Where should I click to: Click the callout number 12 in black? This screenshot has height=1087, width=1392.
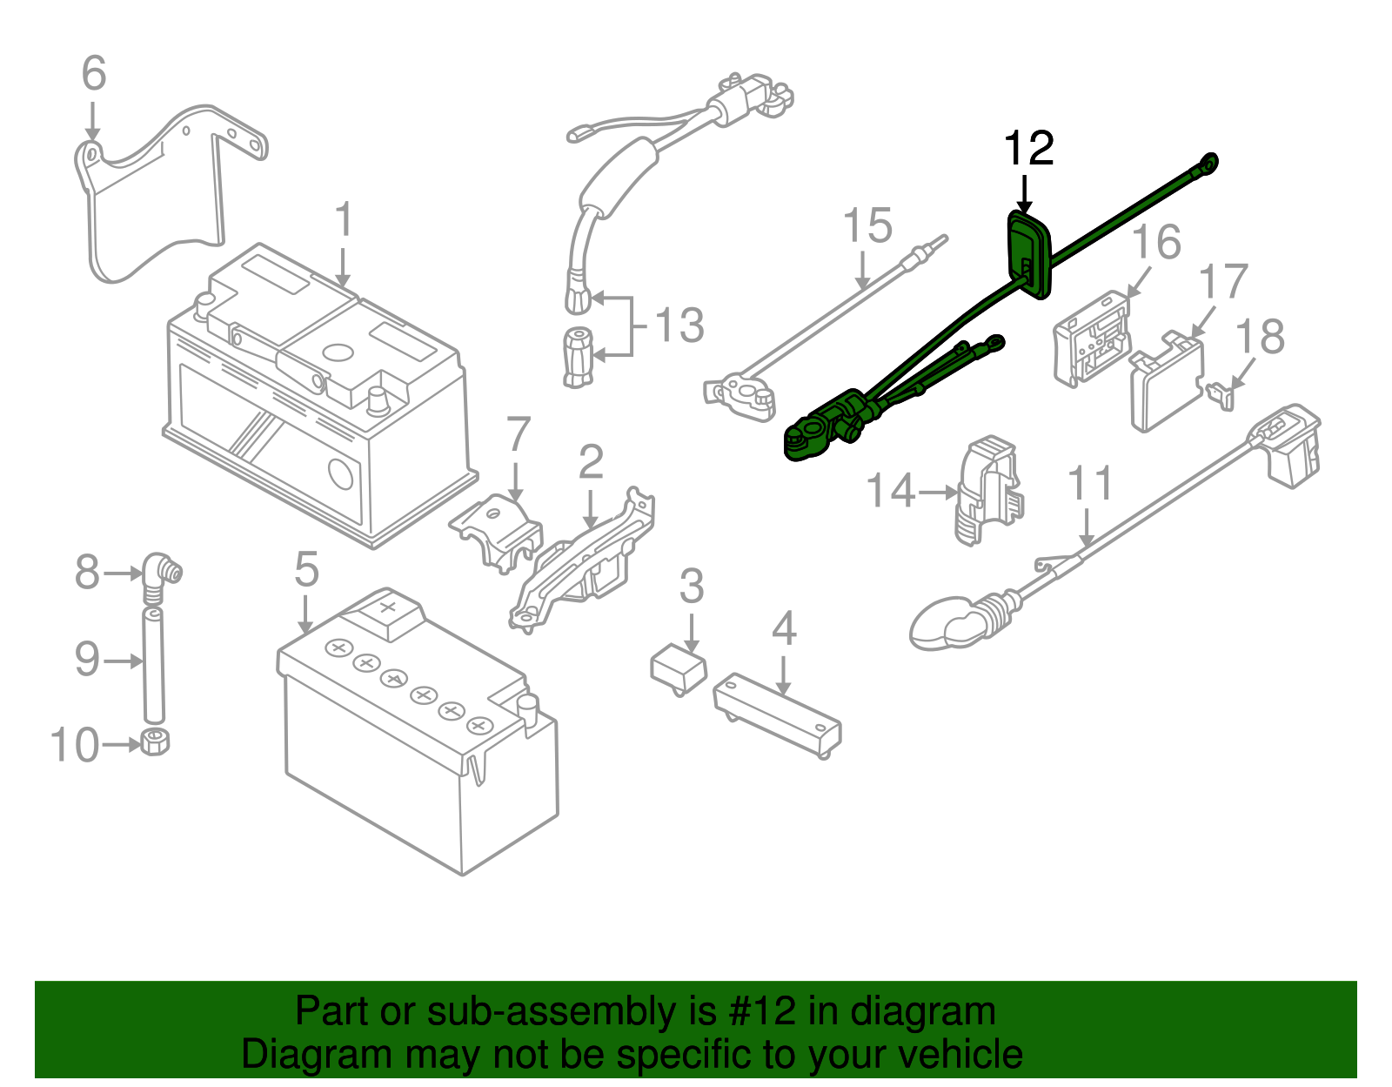(1028, 149)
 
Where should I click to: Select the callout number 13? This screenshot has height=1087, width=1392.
(679, 325)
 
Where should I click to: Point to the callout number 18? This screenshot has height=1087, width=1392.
(1260, 336)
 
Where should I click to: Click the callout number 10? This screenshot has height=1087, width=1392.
(75, 746)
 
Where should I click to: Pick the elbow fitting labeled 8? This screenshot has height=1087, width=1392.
(160, 574)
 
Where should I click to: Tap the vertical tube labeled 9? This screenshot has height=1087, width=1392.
(153, 665)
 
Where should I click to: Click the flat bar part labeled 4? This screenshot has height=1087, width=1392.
(777, 714)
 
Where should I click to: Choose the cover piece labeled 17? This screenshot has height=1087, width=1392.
(1167, 383)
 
